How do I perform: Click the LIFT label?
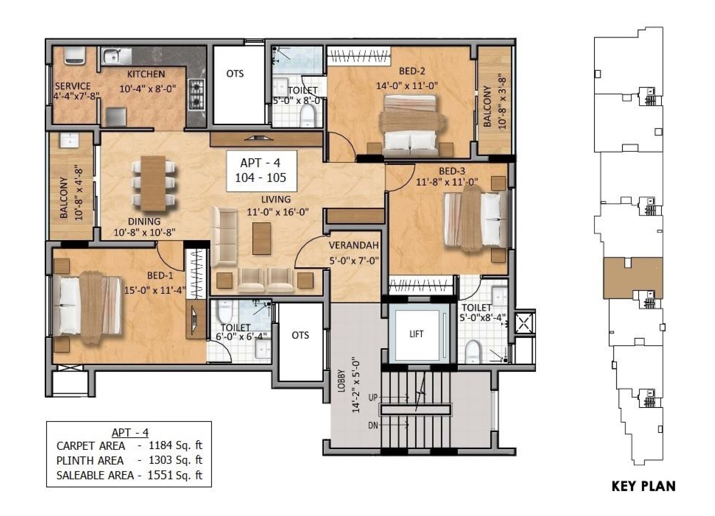pos(416,334)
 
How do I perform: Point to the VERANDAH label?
pos(353,245)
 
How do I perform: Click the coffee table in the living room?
pos(261,238)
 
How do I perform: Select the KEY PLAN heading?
pos(643,486)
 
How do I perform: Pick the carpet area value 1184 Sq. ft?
pos(175,446)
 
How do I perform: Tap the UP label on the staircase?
pos(373,398)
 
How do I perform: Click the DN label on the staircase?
pos(373,425)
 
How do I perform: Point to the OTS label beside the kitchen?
pos(235,74)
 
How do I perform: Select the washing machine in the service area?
pos(74,55)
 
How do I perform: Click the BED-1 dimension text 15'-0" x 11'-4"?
pos(155,290)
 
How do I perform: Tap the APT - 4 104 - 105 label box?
pos(261,171)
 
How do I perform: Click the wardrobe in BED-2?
pos(360,56)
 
